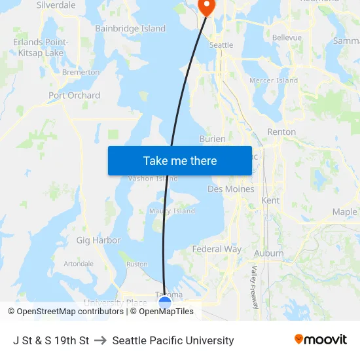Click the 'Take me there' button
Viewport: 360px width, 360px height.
tap(179, 160)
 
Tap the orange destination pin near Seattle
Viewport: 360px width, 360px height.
tap(206, 7)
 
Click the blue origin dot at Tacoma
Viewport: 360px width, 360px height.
tap(165, 302)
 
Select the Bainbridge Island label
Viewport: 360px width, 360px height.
tap(130, 29)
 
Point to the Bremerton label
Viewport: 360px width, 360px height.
tap(81, 72)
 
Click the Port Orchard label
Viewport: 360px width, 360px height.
tap(75, 96)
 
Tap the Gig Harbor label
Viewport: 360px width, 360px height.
tap(98, 240)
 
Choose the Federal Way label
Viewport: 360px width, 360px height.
tap(217, 249)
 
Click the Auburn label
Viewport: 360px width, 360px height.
tap(268, 253)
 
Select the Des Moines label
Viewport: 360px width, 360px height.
tap(230, 189)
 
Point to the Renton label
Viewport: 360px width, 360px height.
tap(281, 132)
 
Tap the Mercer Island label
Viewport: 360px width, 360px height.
tap(274, 81)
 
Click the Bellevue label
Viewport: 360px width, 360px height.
tap(287, 38)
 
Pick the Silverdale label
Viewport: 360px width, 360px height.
tap(56, 5)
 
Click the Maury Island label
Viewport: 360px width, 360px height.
tap(172, 211)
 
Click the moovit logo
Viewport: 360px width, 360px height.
tap(321, 340)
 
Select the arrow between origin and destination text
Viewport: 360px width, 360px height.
tap(101, 340)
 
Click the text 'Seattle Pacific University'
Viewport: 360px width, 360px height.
tap(173, 340)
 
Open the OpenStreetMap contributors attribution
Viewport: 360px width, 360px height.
tap(66, 312)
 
